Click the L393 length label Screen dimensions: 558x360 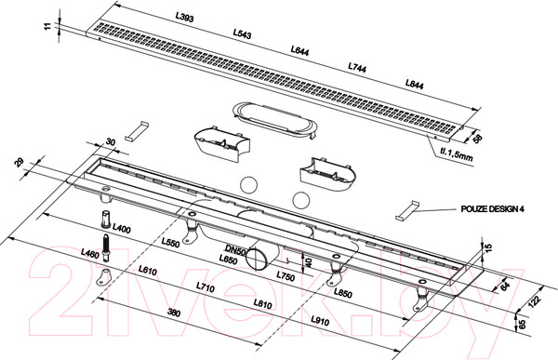click(x=185, y=17)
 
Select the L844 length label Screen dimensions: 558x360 click(x=415, y=84)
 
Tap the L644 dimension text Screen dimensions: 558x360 click(x=299, y=50)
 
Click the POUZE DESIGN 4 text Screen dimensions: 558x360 click(x=493, y=209)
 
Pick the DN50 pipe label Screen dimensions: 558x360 click(x=235, y=250)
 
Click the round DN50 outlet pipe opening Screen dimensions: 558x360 click(x=257, y=260)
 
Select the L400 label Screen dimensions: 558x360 click(x=122, y=228)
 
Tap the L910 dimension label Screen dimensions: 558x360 click(x=320, y=321)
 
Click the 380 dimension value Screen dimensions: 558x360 click(x=174, y=313)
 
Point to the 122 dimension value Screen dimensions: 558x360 click(x=535, y=300)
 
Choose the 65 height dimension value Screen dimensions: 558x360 click(x=522, y=325)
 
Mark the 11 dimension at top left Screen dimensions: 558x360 click(x=48, y=26)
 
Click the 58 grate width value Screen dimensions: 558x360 click(x=477, y=138)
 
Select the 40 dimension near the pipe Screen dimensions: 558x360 click(x=309, y=263)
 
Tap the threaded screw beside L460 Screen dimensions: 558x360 click(x=106, y=247)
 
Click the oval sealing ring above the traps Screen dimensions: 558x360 click(x=274, y=121)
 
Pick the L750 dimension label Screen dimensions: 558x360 click(x=286, y=276)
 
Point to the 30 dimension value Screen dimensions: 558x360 click(x=111, y=142)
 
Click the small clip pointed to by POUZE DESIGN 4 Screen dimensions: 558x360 click(x=406, y=211)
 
